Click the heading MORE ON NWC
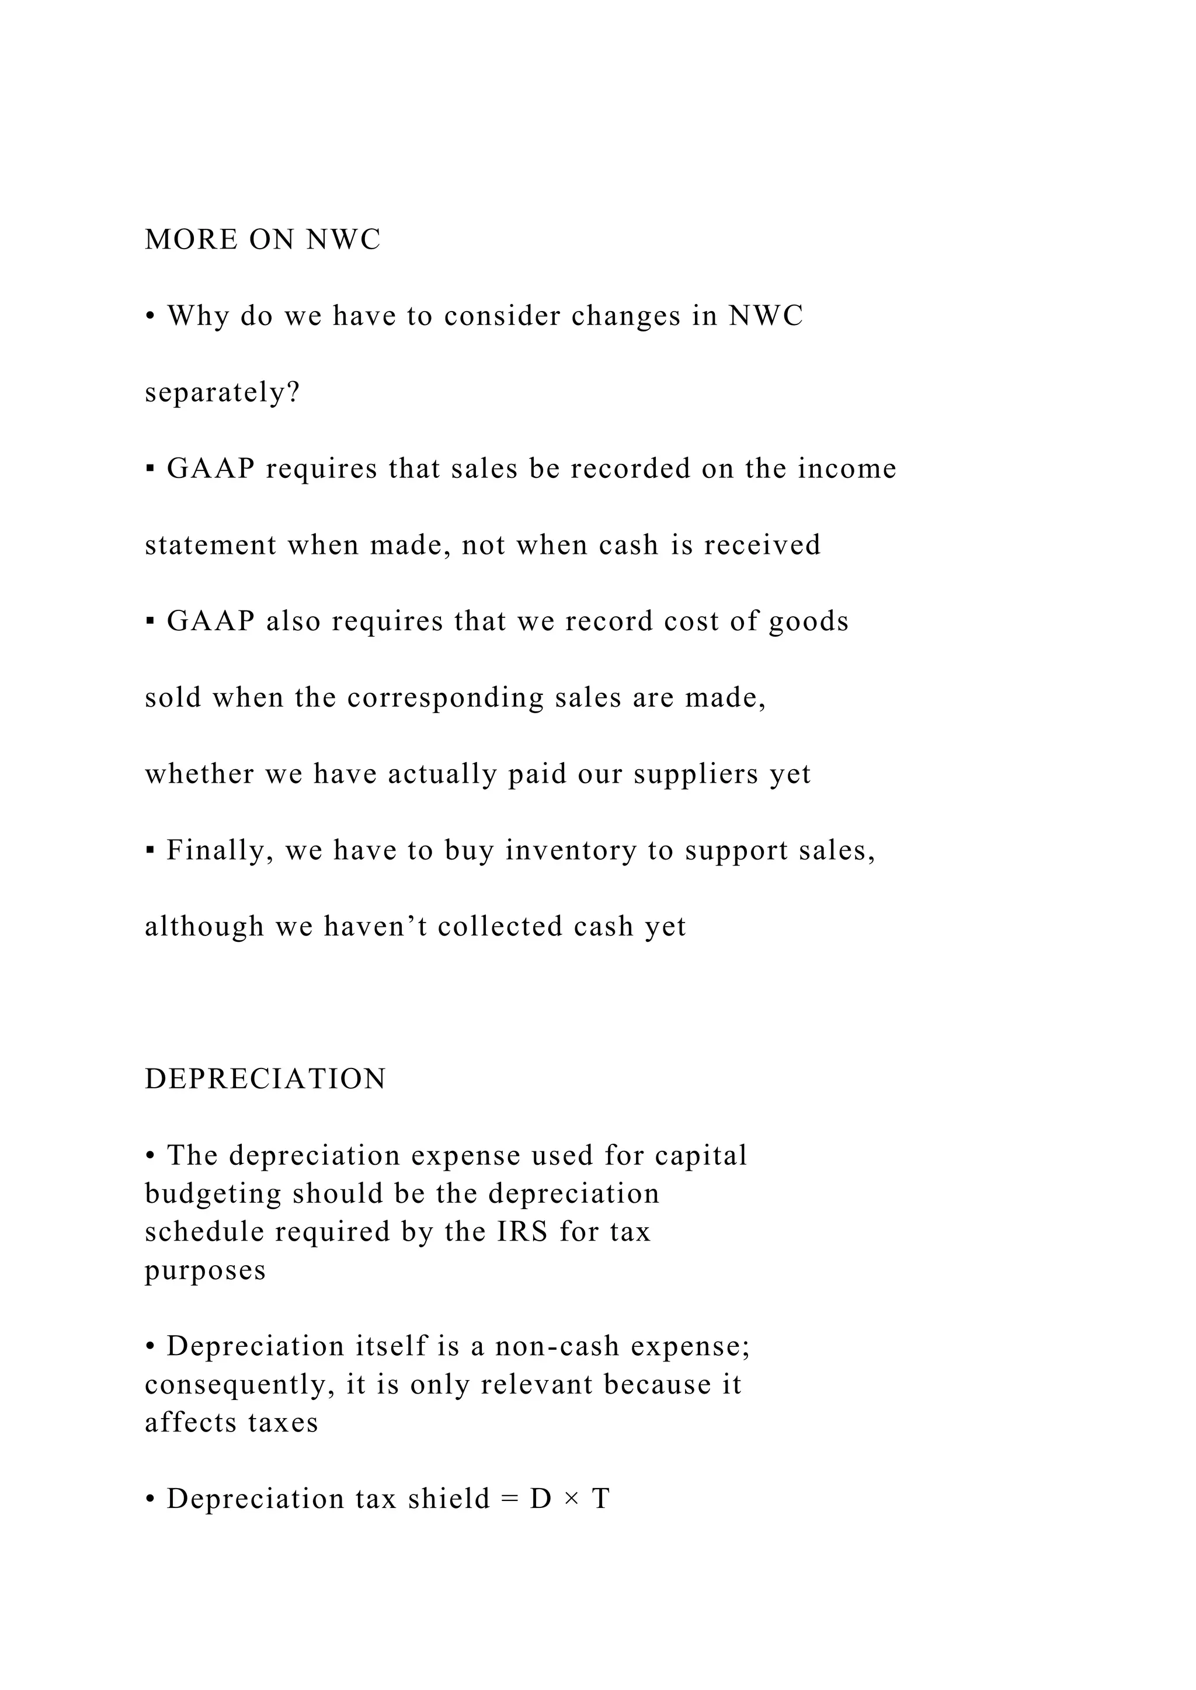point(262,240)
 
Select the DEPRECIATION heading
point(265,1080)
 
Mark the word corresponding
point(445,698)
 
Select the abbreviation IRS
point(522,1232)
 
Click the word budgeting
point(213,1194)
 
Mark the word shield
point(448,1499)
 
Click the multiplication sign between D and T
point(571,1499)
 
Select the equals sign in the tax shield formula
point(510,1499)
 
